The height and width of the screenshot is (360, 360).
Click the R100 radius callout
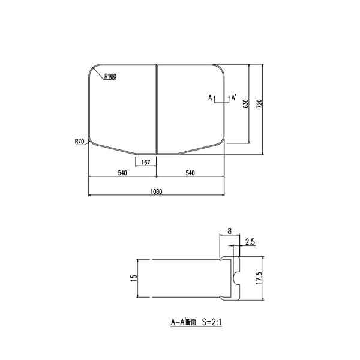point(110,76)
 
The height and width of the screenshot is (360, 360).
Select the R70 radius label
point(79,141)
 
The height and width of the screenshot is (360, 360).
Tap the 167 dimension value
point(146,163)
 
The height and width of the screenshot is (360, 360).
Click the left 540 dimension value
point(122,173)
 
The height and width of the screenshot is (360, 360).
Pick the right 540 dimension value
point(190,173)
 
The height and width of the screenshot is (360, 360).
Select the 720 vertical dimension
point(259,103)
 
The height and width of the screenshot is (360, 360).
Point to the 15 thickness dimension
point(134,277)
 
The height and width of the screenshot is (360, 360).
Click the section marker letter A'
point(233,97)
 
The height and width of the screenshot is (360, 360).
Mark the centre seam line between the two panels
point(157,108)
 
